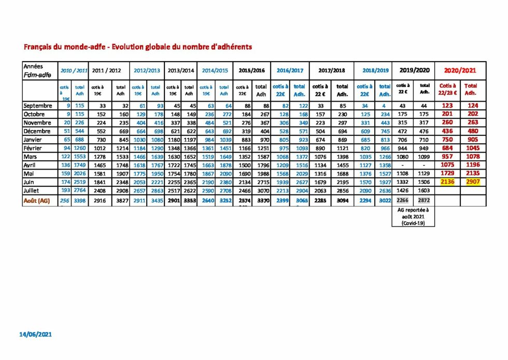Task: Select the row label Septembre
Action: point(37,106)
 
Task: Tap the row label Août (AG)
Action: point(36,201)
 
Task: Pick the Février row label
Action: point(34,148)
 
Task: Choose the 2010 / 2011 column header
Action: point(73,70)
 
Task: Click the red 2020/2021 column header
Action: point(460,70)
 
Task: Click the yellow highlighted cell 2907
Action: point(471,182)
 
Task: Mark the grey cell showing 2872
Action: point(425,200)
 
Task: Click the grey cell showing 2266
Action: point(402,200)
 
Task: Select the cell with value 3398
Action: point(79,201)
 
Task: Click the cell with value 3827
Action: point(121,201)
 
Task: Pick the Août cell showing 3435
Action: point(155,201)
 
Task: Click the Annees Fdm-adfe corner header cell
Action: point(38,70)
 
